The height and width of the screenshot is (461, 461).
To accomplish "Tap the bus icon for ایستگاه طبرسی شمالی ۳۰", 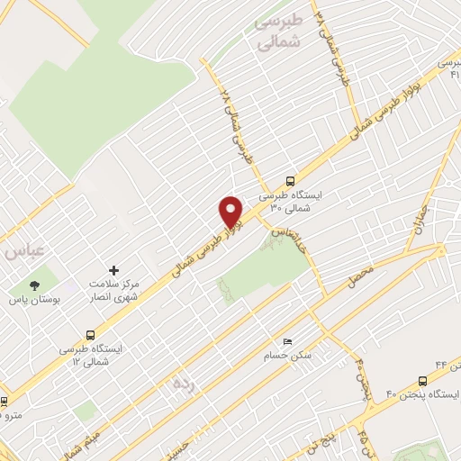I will point(289,180).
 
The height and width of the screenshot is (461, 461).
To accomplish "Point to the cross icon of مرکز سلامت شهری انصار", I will point(113,270).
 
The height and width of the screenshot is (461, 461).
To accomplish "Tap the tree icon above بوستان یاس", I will point(34,285).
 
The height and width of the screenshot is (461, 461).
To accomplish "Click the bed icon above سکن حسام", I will point(287,341).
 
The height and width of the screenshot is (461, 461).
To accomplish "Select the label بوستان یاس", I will point(33,300).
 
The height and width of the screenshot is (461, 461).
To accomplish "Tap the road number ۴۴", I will point(418,363).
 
